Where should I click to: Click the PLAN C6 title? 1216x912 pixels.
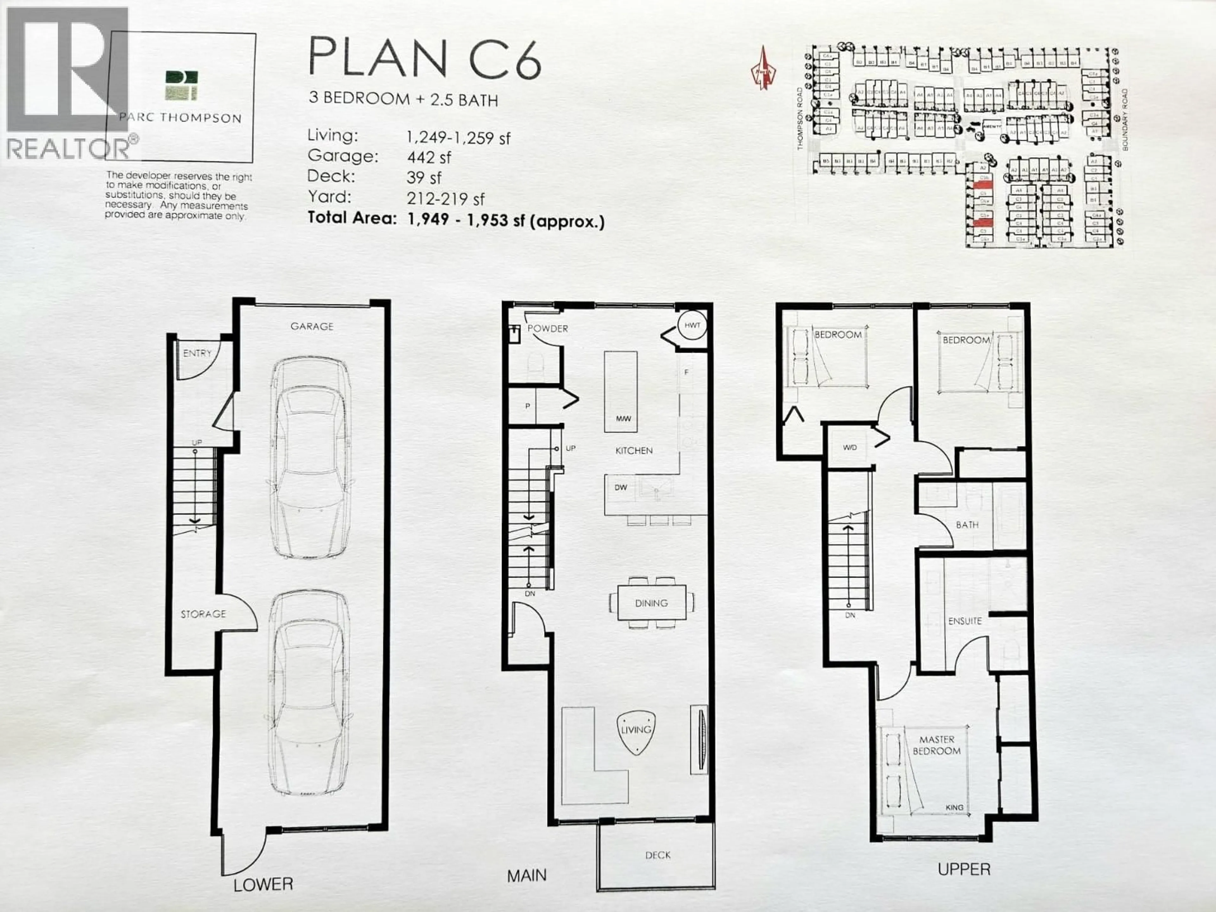[x=424, y=57]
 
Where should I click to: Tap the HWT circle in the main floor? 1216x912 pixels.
[x=692, y=326]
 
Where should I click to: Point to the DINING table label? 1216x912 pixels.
[x=651, y=603]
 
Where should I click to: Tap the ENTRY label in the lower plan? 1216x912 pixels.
[x=197, y=353]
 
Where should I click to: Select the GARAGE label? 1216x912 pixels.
[x=312, y=326]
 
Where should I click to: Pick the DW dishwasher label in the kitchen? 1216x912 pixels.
[x=621, y=487]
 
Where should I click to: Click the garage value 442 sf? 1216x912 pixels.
[x=429, y=158]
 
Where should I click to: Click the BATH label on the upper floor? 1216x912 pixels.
[x=967, y=525]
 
